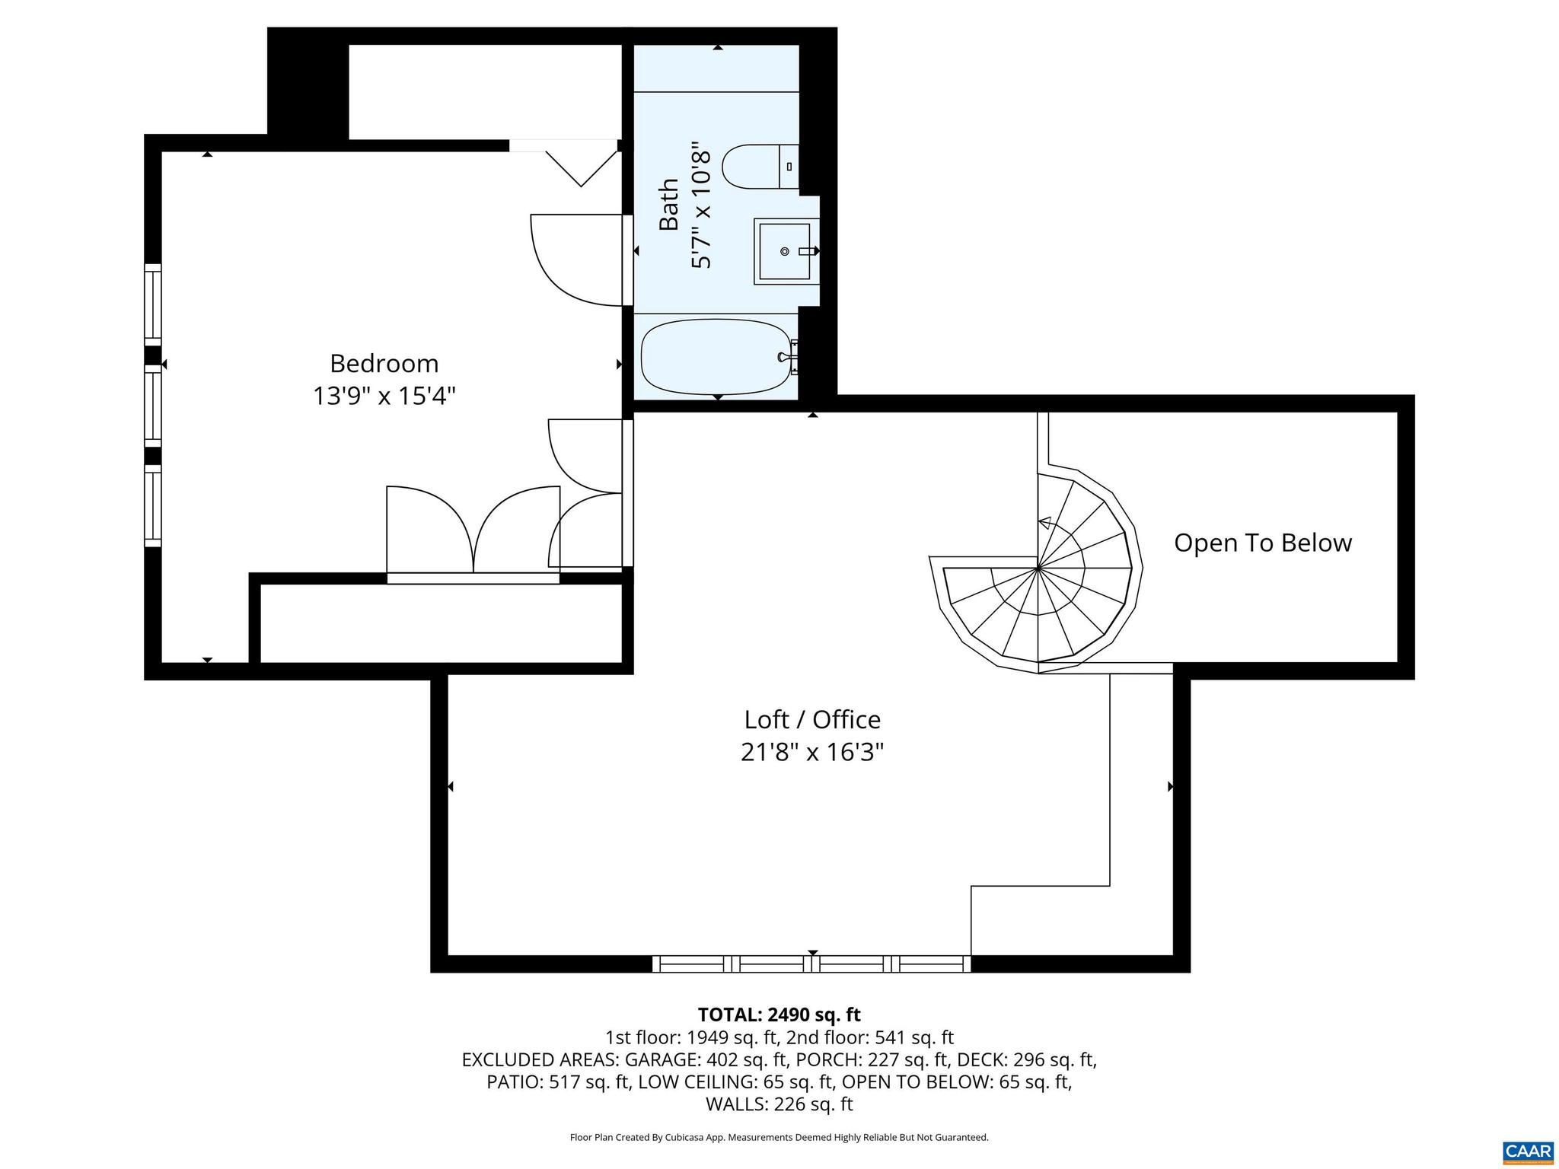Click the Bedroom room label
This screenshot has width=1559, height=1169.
point(384,364)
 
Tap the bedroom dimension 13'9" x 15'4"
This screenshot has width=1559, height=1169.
point(384,397)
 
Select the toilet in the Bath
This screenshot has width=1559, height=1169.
point(757,167)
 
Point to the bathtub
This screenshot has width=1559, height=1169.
point(716,356)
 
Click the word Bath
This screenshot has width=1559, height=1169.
point(668,204)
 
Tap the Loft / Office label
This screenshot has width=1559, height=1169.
point(811,720)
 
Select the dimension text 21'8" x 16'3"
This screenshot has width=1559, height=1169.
point(811,753)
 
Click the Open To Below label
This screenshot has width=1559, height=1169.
point(1262,543)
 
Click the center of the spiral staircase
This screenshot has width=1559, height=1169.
point(1038,568)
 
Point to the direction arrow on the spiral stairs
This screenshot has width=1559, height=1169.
point(1045,523)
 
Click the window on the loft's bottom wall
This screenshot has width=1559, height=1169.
point(811,964)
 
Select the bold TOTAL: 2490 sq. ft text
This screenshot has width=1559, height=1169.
point(779,1015)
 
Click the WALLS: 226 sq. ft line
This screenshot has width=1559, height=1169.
point(779,1104)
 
